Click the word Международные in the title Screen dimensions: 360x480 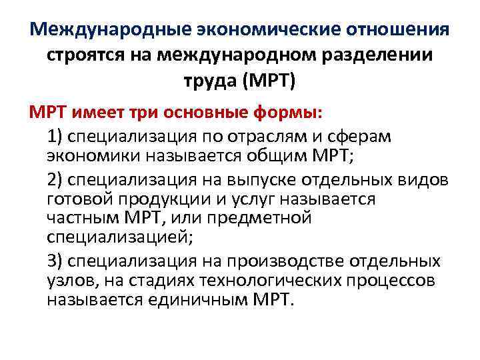(111, 30)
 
